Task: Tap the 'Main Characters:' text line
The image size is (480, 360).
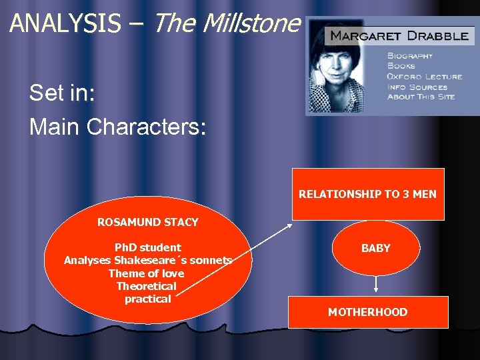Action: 118,127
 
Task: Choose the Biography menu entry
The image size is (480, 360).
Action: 409,56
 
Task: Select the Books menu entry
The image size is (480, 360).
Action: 401,66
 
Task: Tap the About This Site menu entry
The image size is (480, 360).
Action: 421,97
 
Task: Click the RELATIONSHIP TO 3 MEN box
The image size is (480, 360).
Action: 367,195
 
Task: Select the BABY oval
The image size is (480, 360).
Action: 375,248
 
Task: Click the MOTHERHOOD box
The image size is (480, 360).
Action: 367,312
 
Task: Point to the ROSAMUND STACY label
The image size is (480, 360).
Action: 147,222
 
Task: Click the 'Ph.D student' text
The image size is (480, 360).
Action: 147,247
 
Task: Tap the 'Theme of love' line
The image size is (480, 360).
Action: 147,273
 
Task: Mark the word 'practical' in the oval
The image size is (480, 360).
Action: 147,299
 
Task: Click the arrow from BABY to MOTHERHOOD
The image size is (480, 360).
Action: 376,284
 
